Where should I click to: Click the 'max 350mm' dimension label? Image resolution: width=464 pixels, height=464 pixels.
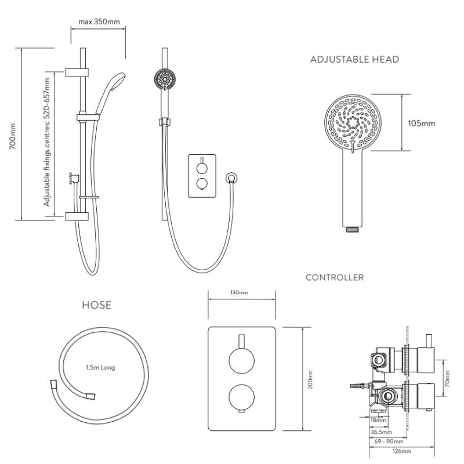[x=99, y=22]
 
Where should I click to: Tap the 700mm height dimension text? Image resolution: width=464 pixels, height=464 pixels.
[x=12, y=137]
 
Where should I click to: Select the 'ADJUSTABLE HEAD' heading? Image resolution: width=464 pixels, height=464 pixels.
[x=354, y=60]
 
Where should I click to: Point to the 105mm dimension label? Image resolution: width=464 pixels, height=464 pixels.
[x=422, y=123]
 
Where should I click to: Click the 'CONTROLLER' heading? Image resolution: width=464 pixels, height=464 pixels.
[x=335, y=278]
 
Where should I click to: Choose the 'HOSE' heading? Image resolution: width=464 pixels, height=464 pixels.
[x=97, y=305]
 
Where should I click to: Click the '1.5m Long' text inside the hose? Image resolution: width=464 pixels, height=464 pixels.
[x=100, y=368]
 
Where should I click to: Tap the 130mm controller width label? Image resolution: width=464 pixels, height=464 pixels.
[x=239, y=293]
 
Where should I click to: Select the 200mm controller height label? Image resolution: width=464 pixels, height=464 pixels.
[x=310, y=379]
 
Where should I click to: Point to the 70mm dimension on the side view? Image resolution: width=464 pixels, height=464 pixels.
[x=447, y=379]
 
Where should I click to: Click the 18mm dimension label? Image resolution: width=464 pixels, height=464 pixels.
[x=379, y=420]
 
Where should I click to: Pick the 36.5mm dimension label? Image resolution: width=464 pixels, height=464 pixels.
[x=381, y=432]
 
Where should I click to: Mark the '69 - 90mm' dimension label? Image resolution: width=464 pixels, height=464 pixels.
[x=389, y=441]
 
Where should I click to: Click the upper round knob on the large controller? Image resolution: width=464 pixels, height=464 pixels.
[x=241, y=361]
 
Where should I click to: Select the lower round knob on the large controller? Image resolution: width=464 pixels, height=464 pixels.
[x=241, y=397]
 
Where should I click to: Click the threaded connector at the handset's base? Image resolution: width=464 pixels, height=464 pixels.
[x=353, y=229]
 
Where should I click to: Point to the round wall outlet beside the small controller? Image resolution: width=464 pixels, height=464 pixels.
[x=231, y=178]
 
